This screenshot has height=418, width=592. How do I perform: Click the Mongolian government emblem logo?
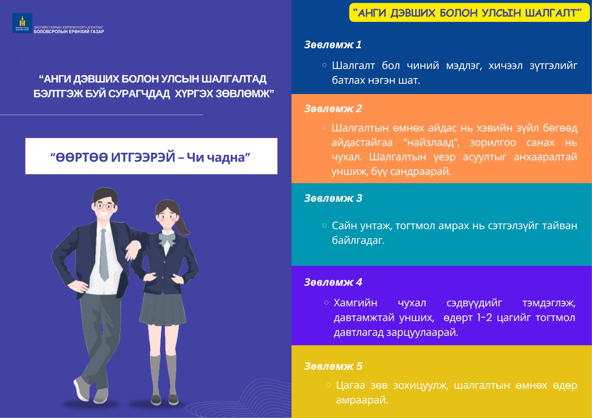pyautogui.click(x=22, y=23)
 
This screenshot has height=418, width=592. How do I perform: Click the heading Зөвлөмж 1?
pyautogui.click(x=333, y=45)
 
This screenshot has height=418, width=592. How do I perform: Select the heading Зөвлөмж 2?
pyautogui.click(x=333, y=109)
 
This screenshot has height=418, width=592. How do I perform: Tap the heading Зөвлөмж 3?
pyautogui.click(x=333, y=198)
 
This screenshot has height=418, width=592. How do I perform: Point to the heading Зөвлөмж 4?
pyautogui.click(x=333, y=282)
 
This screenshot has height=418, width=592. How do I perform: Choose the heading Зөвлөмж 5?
pyautogui.click(x=333, y=366)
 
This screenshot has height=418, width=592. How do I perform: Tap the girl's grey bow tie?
pyautogui.click(x=167, y=239)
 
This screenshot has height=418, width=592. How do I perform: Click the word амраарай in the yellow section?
pyautogui.click(x=362, y=400)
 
